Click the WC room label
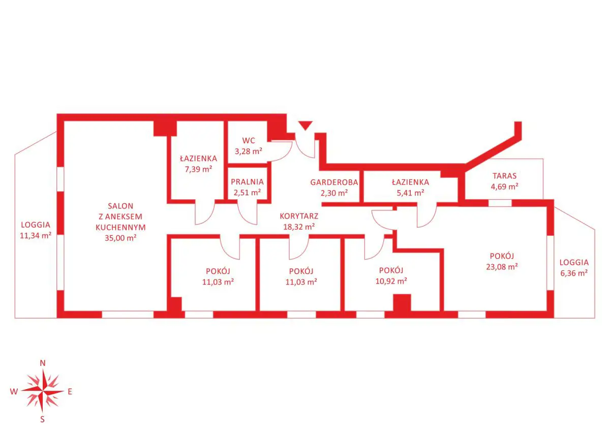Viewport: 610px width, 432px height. pyautogui.click(x=249, y=140)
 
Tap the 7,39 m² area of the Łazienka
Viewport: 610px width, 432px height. pyautogui.click(x=198, y=169)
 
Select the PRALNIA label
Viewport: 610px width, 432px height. pyautogui.click(x=247, y=181)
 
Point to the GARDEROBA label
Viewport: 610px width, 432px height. pyautogui.click(x=334, y=182)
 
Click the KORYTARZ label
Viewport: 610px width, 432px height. pyautogui.click(x=299, y=215)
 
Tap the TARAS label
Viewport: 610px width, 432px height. pyautogui.click(x=504, y=176)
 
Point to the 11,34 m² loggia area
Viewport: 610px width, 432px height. pyautogui.click(x=35, y=235)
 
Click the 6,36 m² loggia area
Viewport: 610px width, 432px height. pyautogui.click(x=574, y=272)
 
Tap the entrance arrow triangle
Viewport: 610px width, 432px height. pyautogui.click(x=305, y=126)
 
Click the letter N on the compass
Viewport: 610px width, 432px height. pyautogui.click(x=43, y=363)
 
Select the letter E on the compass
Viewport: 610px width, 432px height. pyautogui.click(x=70, y=391)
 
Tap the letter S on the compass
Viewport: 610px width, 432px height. pyautogui.click(x=43, y=419)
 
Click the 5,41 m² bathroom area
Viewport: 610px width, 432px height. pyautogui.click(x=410, y=193)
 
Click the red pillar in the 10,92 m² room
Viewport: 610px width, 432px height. pyautogui.click(x=402, y=303)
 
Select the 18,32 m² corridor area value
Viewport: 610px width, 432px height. pyautogui.click(x=299, y=226)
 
